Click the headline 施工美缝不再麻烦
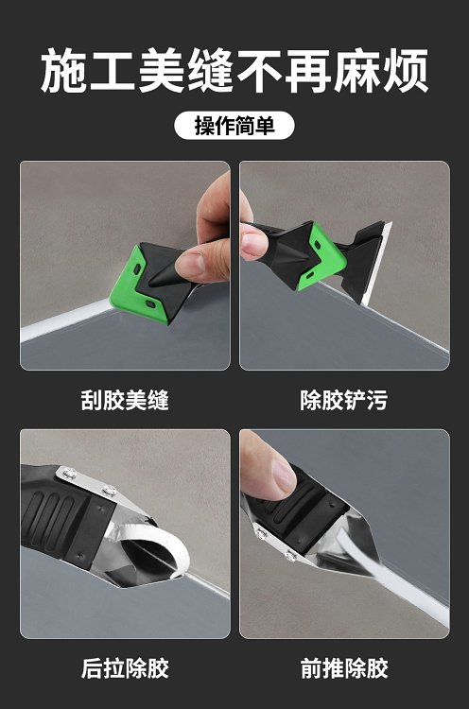[x=234, y=71]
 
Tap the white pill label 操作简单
[x=234, y=125]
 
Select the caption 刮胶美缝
[x=125, y=400]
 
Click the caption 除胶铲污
[x=344, y=400]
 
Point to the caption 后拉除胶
[x=125, y=667]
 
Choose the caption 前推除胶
[x=344, y=667]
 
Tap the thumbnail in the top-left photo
[x=191, y=266]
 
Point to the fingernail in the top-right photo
[x=251, y=245]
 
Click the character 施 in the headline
[x=63, y=71]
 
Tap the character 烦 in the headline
[x=405, y=71]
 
